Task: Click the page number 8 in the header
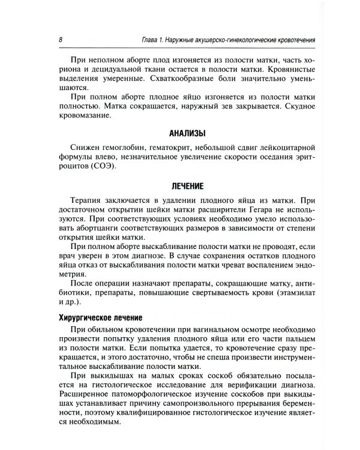point(61,40)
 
